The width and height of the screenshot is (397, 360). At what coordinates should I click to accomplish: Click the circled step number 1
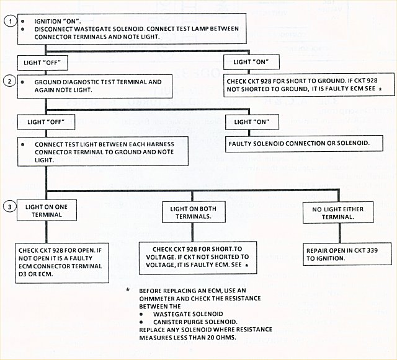coord(9,20)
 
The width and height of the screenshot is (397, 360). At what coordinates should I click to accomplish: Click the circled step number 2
coord(9,81)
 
